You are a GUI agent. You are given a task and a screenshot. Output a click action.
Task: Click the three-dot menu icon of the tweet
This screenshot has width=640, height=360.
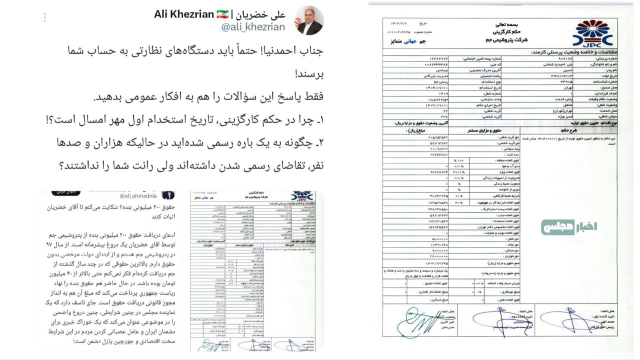coord(44,17)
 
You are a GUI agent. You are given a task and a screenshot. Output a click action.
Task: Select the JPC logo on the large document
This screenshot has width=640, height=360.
coord(592,33)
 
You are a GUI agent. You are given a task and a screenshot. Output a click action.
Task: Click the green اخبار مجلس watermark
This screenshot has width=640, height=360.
coord(568,227)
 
